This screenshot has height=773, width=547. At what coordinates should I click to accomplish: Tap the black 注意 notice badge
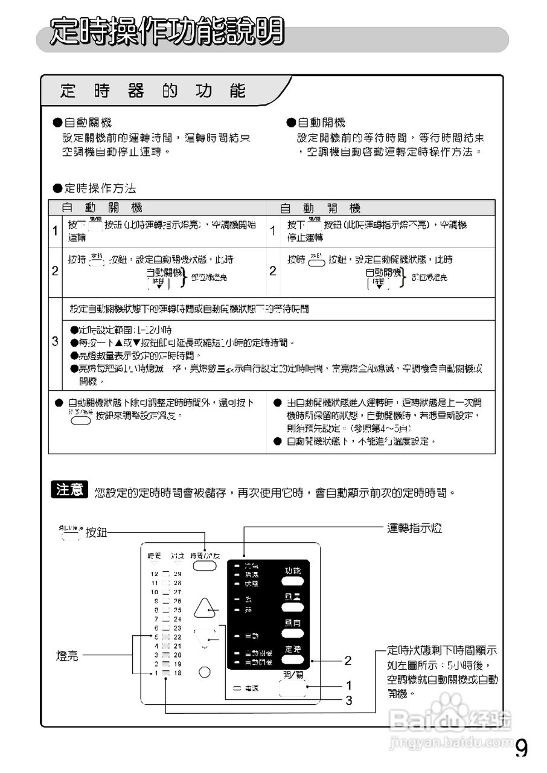pos(70,490)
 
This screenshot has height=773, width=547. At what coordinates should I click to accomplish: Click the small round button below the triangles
pos(205,672)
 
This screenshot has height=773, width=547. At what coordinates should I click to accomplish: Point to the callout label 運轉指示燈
pos(414,529)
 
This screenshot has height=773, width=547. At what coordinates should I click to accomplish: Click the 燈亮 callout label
pos(67,656)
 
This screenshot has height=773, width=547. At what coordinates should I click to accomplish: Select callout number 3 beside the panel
pos(349,701)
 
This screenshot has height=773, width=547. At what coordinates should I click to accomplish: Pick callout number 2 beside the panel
pos(348,661)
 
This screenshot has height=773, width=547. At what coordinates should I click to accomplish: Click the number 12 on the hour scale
pos(154,574)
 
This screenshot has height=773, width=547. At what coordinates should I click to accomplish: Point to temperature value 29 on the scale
pos(178,574)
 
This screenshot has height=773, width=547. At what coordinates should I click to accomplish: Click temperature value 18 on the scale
pos(178,673)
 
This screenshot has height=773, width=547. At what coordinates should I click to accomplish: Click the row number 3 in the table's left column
pos(55,342)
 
